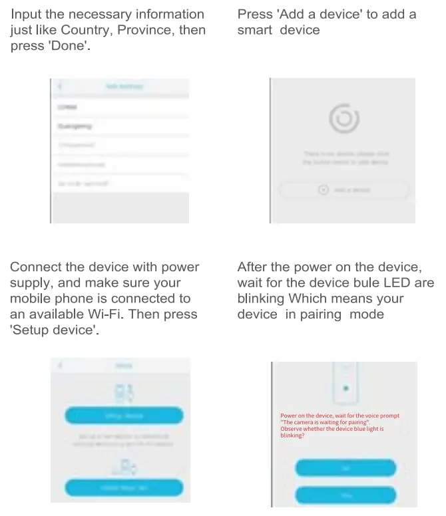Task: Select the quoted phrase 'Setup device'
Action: tap(55, 330)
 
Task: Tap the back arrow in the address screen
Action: tap(60, 87)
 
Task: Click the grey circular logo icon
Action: tap(344, 120)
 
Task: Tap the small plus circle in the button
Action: tap(324, 190)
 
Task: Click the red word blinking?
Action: tap(292, 436)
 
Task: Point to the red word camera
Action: tap(306, 422)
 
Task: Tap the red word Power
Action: tap(289, 416)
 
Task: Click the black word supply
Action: tap(29, 283)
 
